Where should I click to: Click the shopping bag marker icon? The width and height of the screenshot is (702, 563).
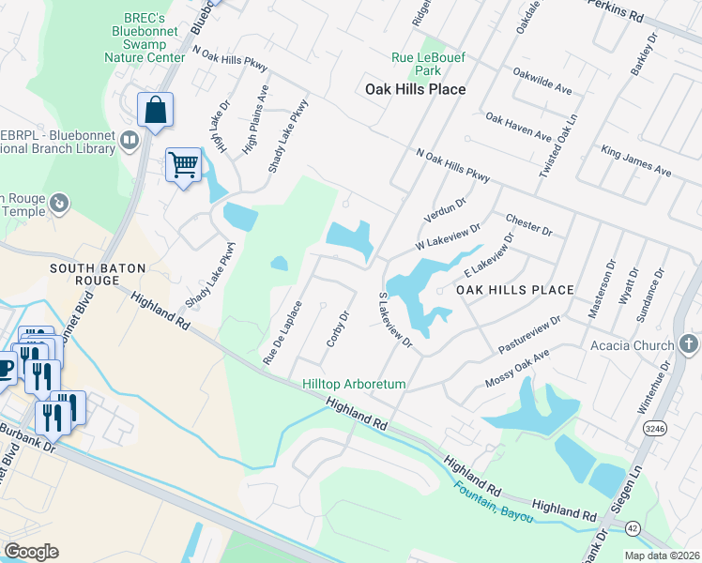click(155, 110)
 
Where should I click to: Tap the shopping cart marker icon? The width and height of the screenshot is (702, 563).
click(184, 165)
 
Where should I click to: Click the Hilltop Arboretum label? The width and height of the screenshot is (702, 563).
click(354, 385)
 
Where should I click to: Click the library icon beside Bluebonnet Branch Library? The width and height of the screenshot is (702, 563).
click(130, 142)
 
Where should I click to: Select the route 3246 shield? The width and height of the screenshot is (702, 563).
click(656, 428)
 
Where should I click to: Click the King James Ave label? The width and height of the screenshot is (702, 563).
click(636, 160)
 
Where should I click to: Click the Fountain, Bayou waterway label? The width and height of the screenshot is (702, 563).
click(488, 503)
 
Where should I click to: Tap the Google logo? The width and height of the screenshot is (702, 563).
click(31, 552)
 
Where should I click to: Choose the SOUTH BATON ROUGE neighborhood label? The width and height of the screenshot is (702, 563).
click(98, 276)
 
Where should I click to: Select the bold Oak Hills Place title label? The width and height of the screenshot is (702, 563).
click(415, 89)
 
